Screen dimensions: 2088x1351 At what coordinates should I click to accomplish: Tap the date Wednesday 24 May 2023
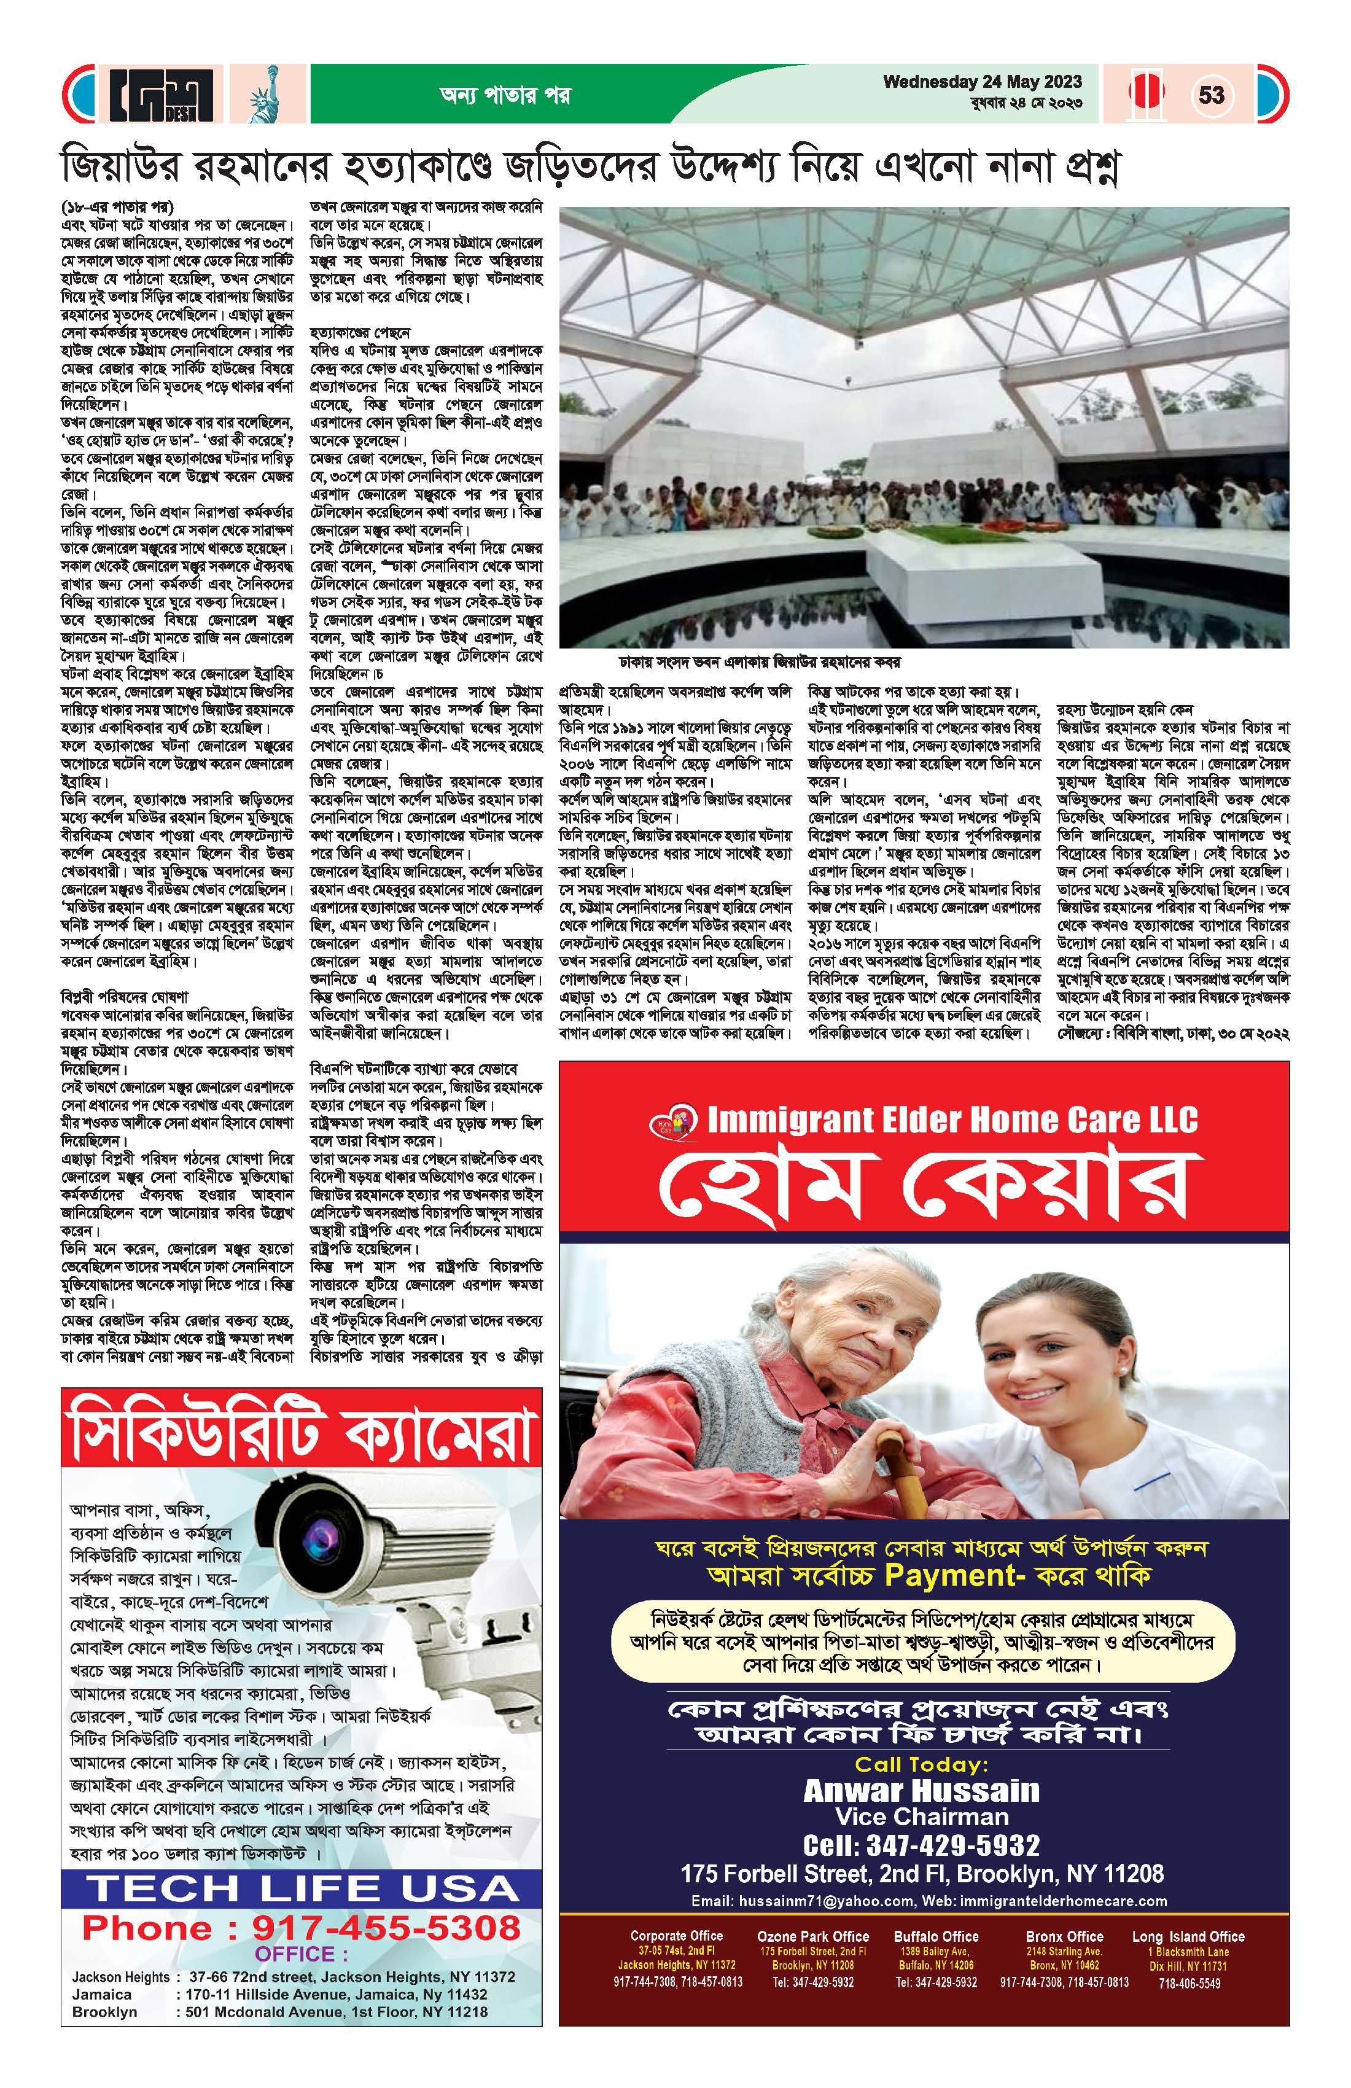(982, 82)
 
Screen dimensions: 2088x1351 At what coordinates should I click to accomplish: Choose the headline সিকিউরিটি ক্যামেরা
(301, 1437)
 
